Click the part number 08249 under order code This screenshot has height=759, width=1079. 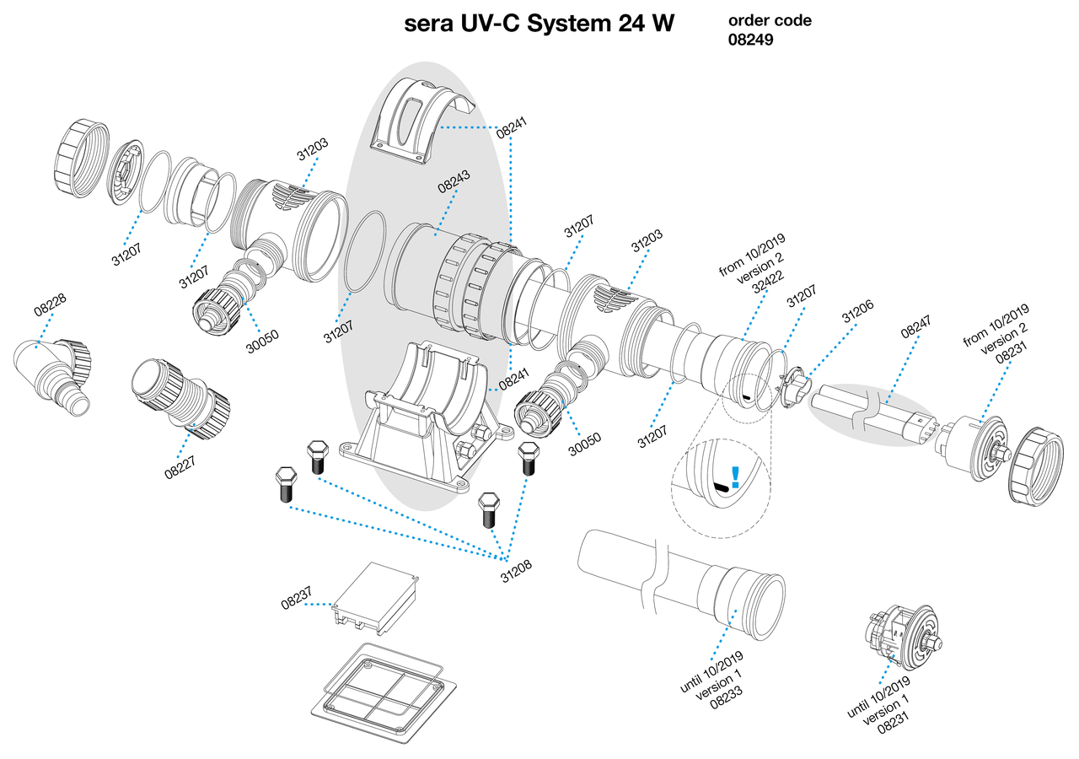(750, 38)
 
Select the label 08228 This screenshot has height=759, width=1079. (51, 304)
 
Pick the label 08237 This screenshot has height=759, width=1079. (298, 604)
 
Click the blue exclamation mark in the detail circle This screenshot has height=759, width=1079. (735, 478)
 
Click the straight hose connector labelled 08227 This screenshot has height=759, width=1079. (180, 396)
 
